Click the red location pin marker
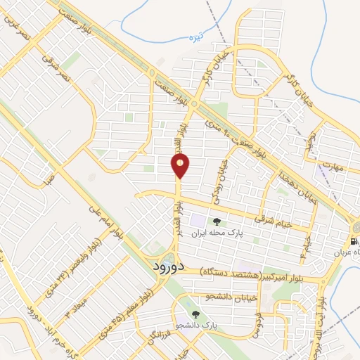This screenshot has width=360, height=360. click(x=180, y=166)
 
